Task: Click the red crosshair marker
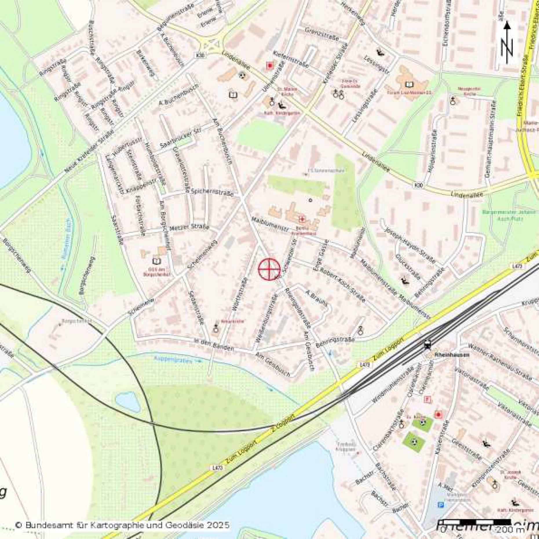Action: [x=269, y=269]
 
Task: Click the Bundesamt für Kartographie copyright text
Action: [x=122, y=525]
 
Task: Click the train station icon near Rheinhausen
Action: [x=427, y=345]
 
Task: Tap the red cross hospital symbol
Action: [x=302, y=219]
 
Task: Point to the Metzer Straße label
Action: [x=189, y=227]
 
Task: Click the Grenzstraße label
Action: [x=321, y=34]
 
